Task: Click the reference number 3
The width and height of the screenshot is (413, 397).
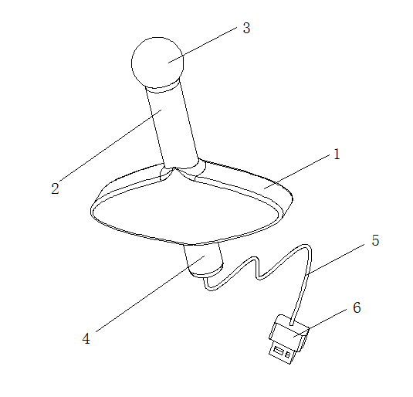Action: click(246, 28)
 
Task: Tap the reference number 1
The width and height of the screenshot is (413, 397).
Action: click(337, 154)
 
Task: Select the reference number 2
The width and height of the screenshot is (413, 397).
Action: click(55, 188)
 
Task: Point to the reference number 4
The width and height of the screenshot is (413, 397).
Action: click(86, 338)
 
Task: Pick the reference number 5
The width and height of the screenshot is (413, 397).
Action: click(375, 240)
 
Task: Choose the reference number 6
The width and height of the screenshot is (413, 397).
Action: click(357, 307)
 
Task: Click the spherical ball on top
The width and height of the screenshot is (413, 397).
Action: click(157, 63)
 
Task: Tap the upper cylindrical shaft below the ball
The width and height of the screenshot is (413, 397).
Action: click(172, 127)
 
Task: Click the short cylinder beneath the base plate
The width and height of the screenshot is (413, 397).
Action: click(204, 260)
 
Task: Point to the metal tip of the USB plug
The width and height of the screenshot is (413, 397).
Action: click(283, 353)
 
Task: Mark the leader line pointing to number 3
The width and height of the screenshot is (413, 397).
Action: click(202, 45)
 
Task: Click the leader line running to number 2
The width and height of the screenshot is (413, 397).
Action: click(110, 145)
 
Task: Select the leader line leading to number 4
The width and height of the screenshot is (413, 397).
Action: click(150, 294)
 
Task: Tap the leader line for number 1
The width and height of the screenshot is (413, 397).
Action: click(297, 171)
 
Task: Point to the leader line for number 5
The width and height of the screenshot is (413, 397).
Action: click(336, 259)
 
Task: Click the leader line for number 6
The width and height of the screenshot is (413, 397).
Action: click(320, 323)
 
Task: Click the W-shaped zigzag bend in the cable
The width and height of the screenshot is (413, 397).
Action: click(258, 267)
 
